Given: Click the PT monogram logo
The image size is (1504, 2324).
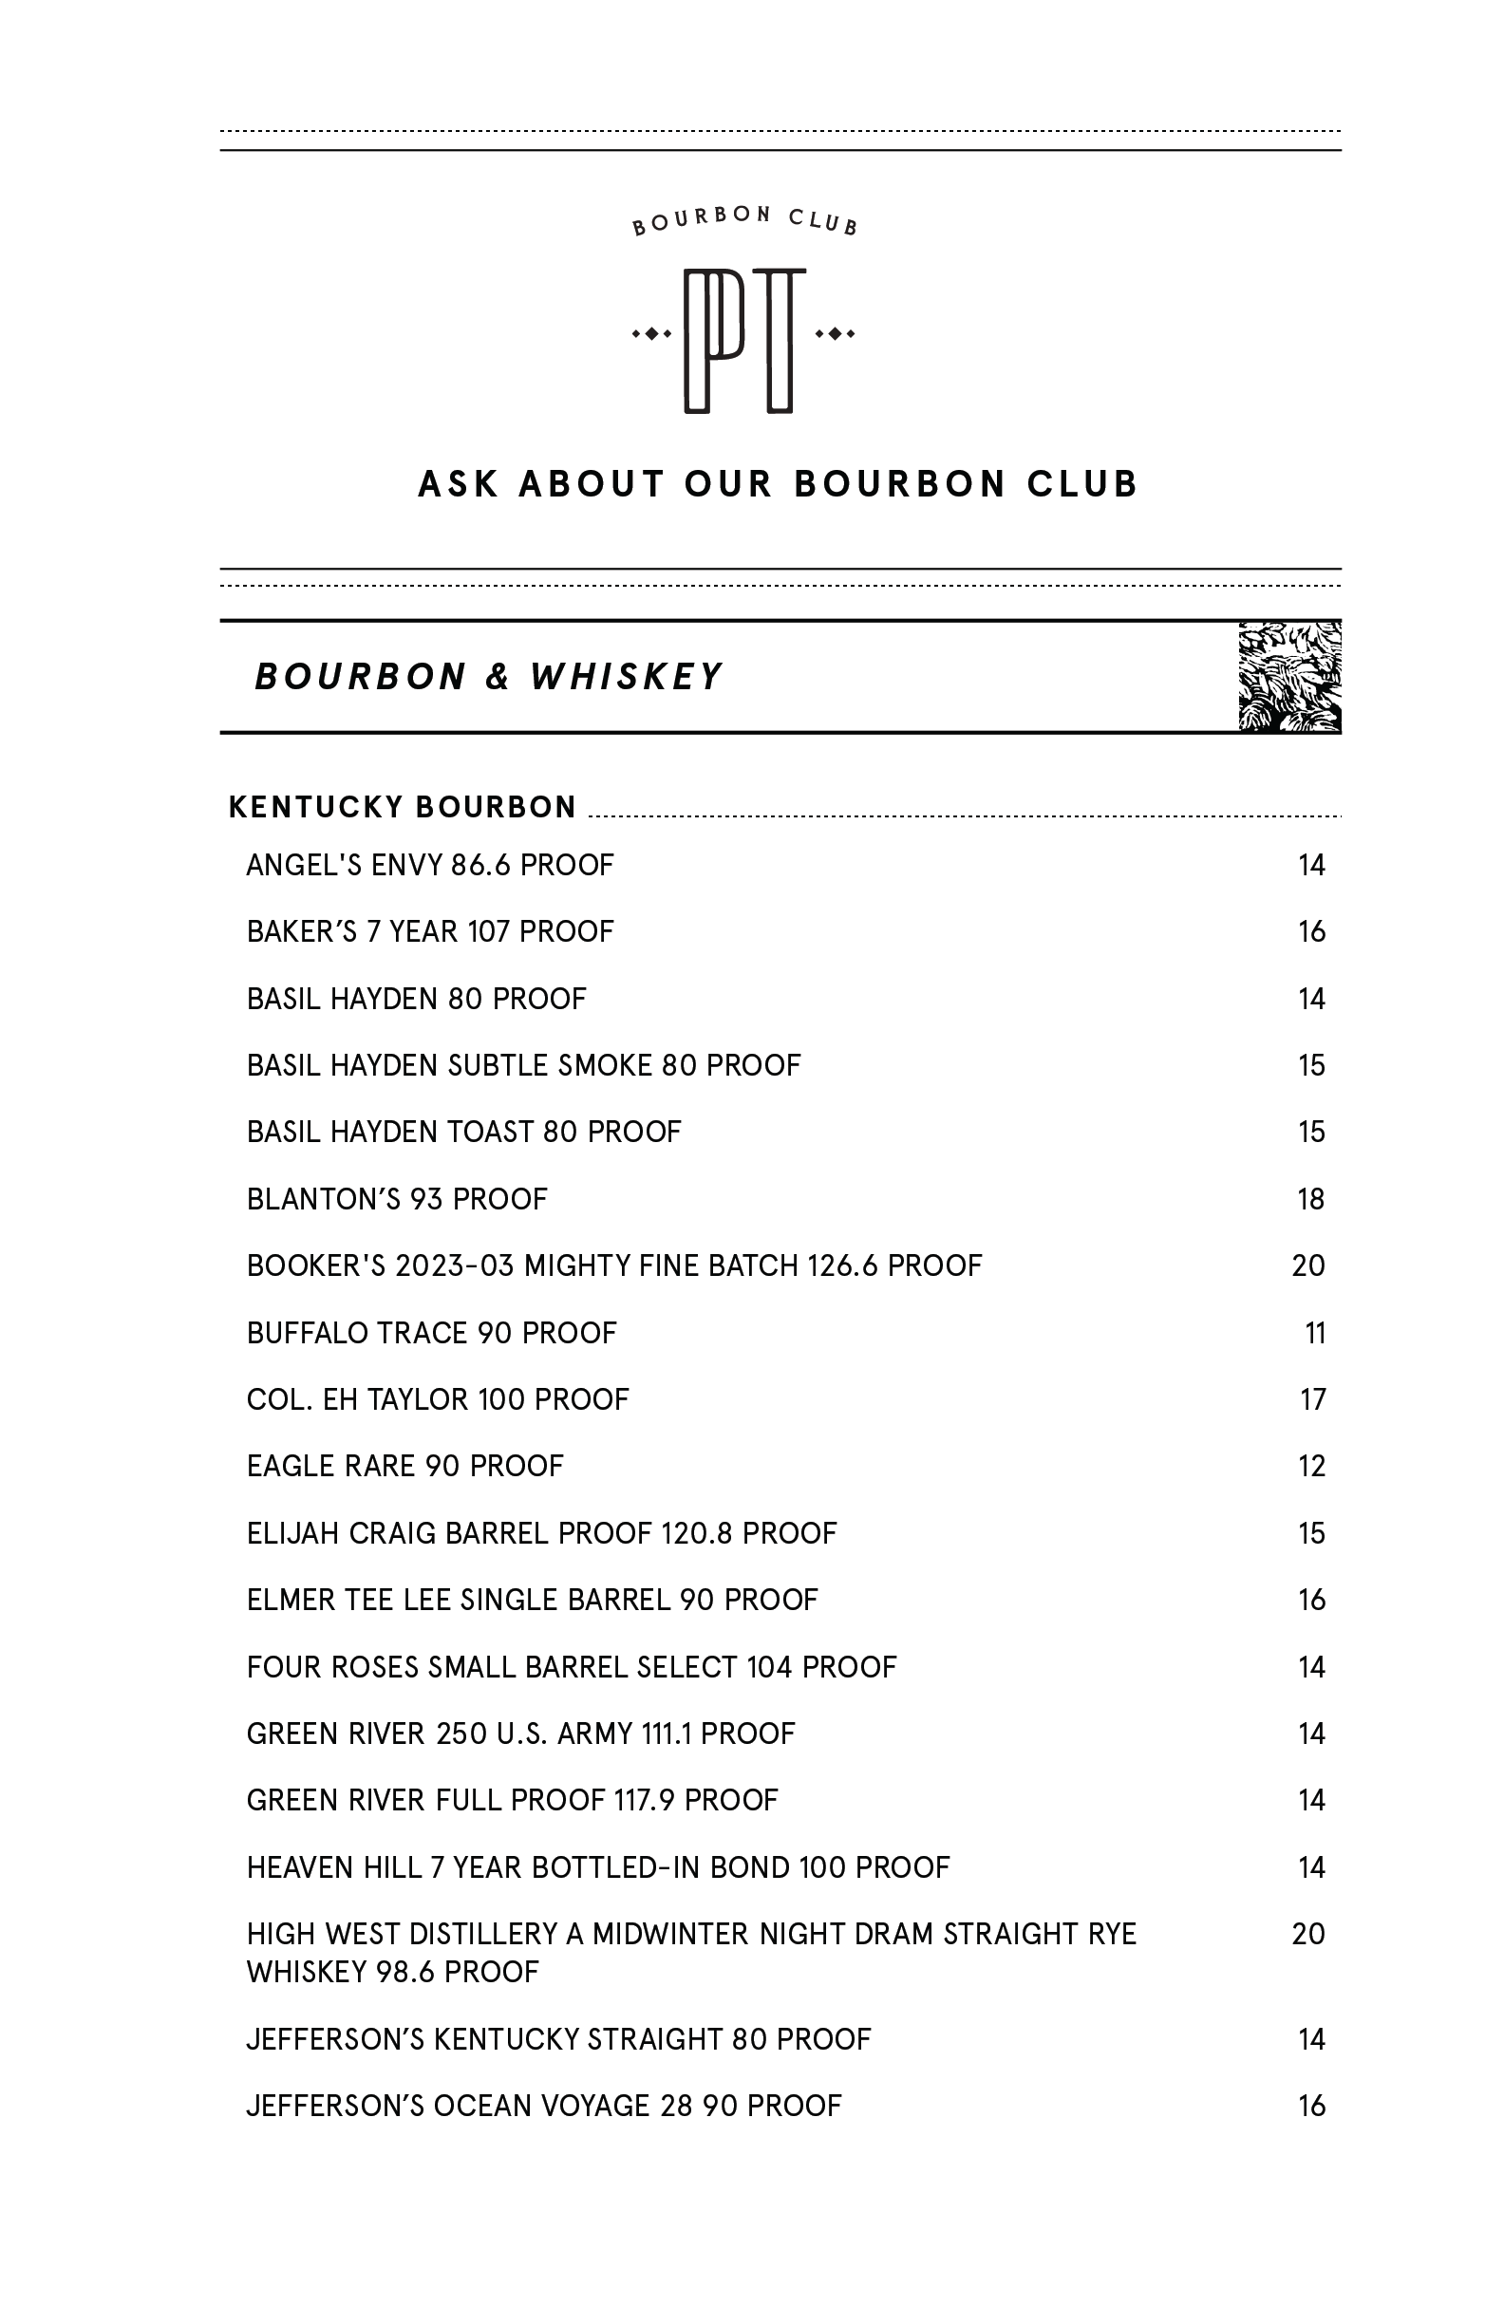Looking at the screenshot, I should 744,339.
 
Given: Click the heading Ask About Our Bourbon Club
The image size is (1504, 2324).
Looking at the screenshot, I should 778,484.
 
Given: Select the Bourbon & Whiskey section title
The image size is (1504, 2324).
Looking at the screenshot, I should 488,677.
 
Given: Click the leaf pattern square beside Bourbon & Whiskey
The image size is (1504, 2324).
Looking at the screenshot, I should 1289,677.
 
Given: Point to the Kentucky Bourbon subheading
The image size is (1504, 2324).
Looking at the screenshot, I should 403,808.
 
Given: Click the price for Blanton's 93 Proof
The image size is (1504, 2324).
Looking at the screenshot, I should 1310,1199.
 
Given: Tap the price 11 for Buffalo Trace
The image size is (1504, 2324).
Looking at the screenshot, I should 1314,1333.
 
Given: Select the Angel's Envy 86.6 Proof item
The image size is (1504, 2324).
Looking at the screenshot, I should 430,865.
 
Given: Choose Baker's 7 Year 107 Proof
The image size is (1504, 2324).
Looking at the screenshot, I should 430,931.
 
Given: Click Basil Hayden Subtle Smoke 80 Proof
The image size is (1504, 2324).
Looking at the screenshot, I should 523,1065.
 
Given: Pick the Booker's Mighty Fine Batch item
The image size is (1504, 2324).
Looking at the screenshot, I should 613,1265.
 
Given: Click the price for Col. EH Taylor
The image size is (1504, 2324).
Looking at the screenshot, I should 1312,1399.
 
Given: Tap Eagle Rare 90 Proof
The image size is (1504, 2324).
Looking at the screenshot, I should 405,1467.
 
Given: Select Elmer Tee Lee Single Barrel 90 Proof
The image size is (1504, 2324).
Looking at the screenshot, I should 533,1600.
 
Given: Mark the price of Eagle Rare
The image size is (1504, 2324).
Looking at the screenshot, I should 1311,1467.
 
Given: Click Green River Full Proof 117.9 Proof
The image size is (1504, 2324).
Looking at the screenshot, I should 512,1800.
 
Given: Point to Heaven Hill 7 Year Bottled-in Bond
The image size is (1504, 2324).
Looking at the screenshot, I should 597,1867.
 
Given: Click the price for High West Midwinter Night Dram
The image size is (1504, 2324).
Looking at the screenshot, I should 1307,1934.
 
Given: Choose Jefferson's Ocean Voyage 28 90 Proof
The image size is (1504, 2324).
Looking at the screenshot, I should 544,2106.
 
